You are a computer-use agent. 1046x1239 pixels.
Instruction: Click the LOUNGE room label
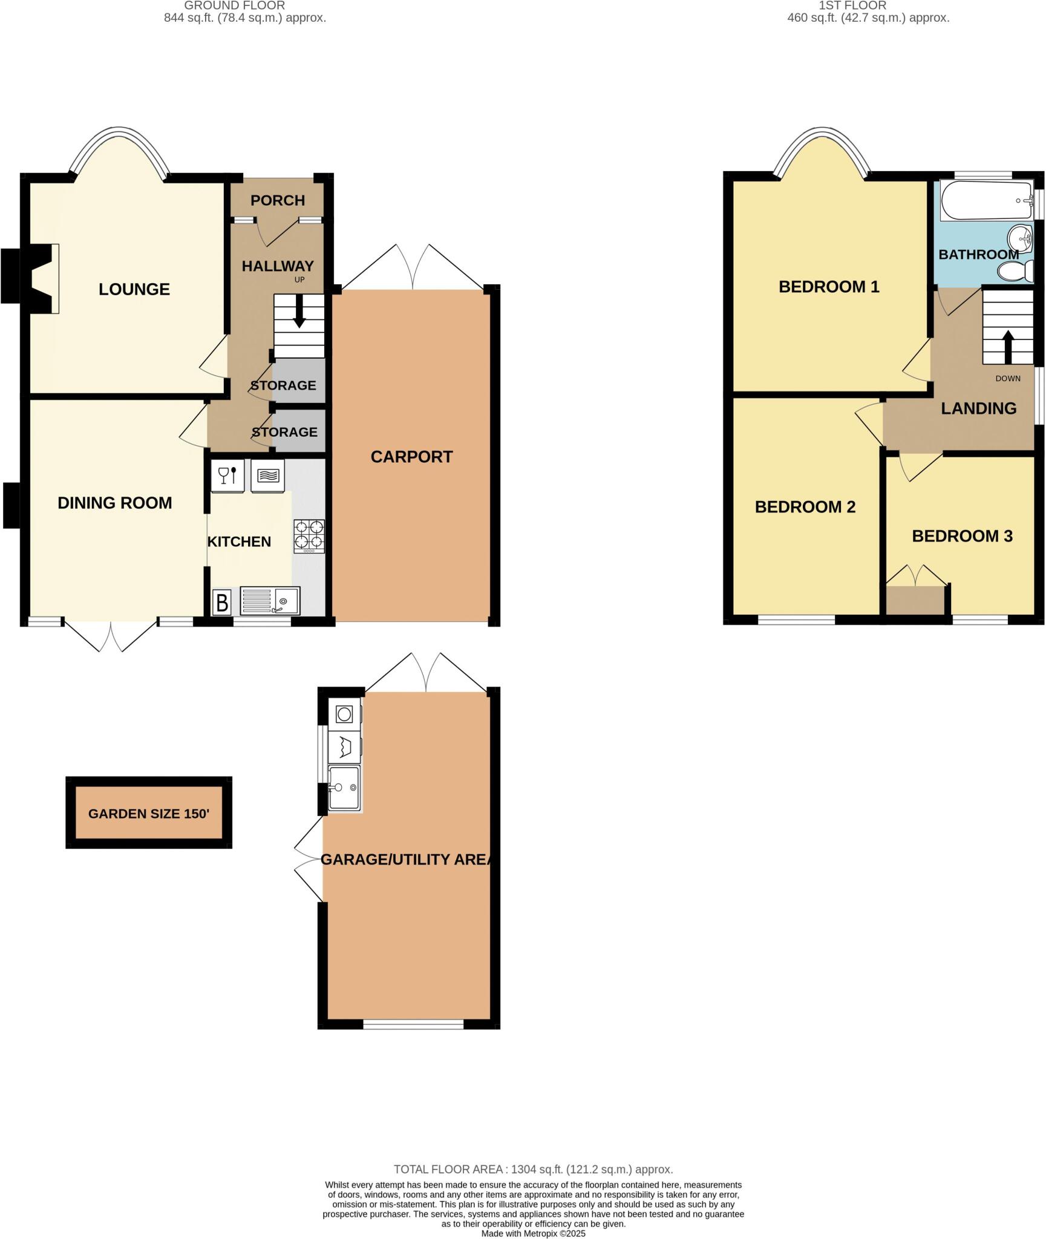(x=134, y=289)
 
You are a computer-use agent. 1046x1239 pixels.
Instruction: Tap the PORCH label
(x=278, y=200)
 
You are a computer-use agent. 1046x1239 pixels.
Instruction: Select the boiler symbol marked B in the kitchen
(x=222, y=603)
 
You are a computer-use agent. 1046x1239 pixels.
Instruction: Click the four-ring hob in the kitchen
(x=309, y=535)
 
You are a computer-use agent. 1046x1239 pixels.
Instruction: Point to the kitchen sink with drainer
(x=270, y=601)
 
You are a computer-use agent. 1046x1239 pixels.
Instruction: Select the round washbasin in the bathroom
(x=1021, y=240)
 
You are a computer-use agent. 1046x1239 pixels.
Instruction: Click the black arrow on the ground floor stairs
(x=299, y=313)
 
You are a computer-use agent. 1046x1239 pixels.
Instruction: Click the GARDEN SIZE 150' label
(x=149, y=814)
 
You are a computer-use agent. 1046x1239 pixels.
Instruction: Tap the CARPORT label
(x=411, y=457)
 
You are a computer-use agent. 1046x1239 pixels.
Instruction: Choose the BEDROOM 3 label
(x=962, y=536)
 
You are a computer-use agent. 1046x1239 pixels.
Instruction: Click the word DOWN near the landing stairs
(x=1007, y=379)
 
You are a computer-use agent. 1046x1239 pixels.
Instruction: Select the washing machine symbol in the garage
(x=344, y=714)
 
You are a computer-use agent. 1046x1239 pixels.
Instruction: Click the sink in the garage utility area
(x=344, y=787)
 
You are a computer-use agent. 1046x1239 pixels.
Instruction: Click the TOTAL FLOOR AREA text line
(x=533, y=1169)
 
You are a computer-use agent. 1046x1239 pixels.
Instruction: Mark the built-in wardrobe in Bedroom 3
(x=915, y=600)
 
